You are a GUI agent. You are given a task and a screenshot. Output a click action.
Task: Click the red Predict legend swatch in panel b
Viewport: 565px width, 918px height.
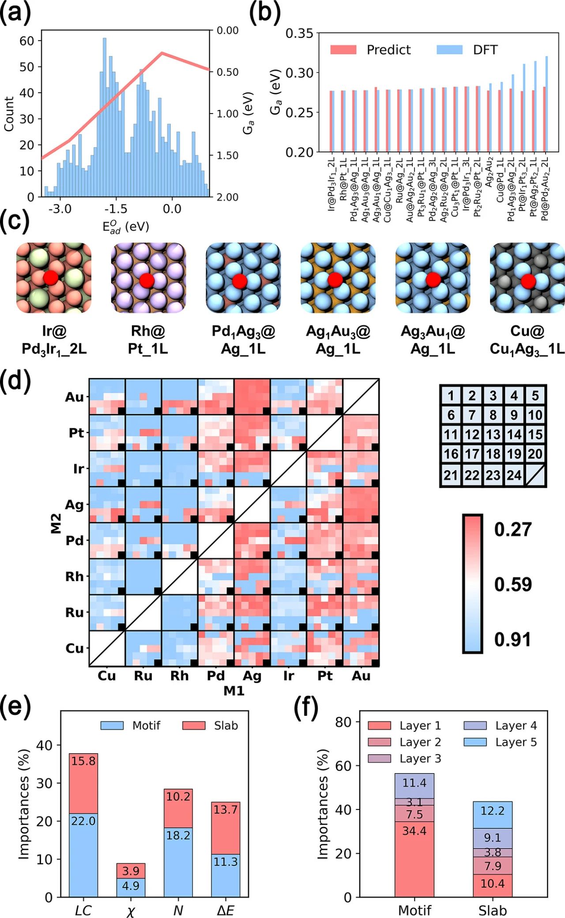coord(343,49)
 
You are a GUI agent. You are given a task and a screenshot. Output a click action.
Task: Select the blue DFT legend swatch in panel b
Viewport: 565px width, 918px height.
coord(449,49)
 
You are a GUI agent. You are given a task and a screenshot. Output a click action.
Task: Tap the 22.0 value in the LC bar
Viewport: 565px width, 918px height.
coord(83,821)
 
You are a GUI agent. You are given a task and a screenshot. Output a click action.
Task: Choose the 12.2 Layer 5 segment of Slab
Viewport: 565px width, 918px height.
coord(492,811)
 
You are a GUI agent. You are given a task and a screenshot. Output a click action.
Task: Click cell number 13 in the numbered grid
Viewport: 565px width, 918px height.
coord(493,434)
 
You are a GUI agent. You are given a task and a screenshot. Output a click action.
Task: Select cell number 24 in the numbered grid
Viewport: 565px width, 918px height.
coord(514,475)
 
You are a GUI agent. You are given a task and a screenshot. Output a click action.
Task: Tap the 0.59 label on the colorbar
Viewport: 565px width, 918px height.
coord(513,584)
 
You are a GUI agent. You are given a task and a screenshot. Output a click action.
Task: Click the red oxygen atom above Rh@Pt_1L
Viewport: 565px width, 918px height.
coord(147,280)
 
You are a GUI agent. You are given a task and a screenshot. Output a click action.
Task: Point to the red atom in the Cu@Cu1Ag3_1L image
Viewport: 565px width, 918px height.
coord(528,281)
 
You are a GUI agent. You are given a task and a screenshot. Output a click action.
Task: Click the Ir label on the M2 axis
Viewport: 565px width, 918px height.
coord(79,468)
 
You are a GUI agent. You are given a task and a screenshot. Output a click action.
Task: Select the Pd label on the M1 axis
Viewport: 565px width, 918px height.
coord(216,676)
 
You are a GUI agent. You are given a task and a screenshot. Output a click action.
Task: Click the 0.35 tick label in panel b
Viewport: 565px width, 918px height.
coord(299,34)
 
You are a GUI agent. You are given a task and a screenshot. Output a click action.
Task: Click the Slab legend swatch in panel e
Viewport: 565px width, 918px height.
coord(194,725)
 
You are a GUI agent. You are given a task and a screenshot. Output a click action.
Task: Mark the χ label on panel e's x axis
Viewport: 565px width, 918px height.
coord(131,910)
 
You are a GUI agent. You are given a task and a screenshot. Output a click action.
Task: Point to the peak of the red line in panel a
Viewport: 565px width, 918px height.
coord(162,53)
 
